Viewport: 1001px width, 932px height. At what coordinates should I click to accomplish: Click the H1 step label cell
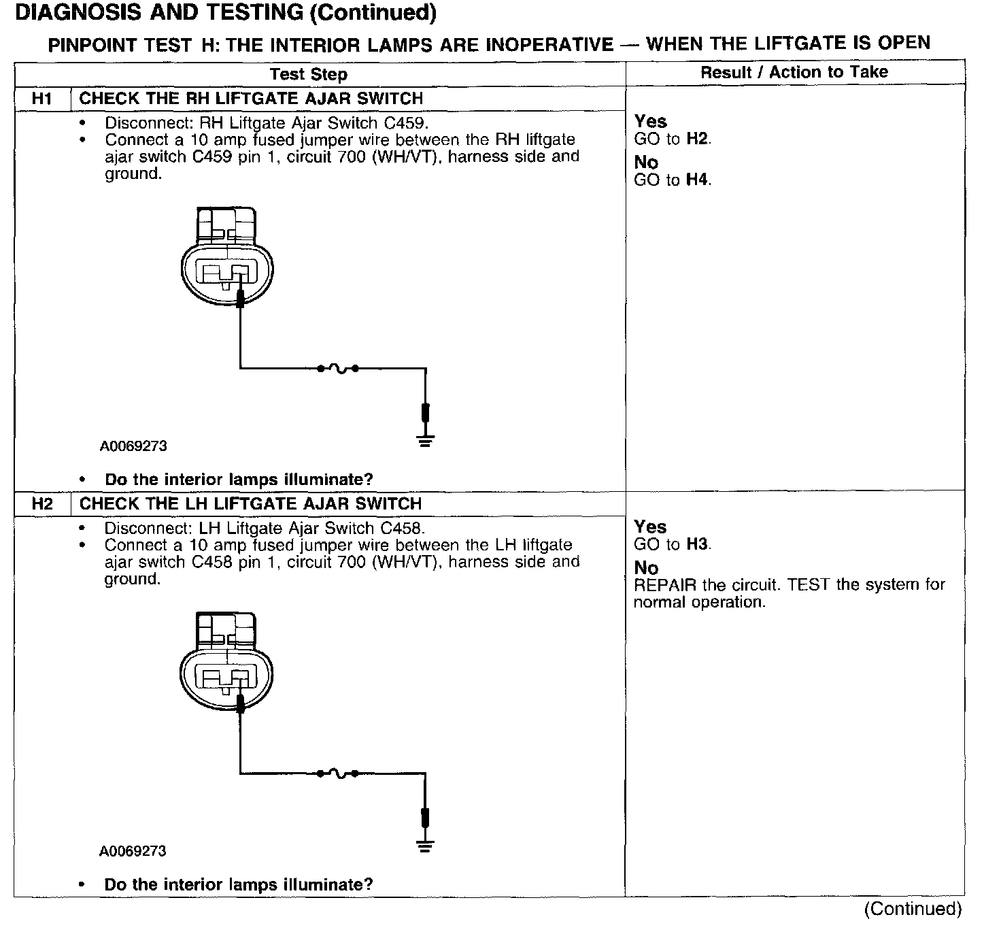click(42, 99)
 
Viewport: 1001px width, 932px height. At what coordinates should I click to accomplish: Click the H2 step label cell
click(42, 504)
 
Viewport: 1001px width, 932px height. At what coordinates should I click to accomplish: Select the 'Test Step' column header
click(308, 74)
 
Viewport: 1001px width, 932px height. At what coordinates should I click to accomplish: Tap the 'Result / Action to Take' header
click(794, 72)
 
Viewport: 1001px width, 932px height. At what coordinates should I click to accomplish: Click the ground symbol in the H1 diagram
click(426, 441)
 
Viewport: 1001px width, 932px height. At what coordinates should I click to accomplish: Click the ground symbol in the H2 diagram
click(426, 846)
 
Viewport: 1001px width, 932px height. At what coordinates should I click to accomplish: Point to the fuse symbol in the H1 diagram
click(337, 369)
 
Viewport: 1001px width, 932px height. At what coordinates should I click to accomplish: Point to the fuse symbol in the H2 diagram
click(337, 773)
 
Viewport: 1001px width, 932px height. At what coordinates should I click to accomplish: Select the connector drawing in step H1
click(227, 259)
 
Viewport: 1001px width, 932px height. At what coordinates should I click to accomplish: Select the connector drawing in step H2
click(227, 663)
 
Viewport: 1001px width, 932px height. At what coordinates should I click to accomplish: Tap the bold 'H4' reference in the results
click(698, 180)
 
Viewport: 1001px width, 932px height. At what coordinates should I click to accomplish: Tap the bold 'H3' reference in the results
click(698, 544)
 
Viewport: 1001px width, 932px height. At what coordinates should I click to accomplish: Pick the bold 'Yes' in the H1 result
click(650, 122)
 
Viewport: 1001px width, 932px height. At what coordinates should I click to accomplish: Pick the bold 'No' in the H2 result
click(646, 568)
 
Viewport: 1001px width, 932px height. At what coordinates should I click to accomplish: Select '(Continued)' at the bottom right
click(913, 910)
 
